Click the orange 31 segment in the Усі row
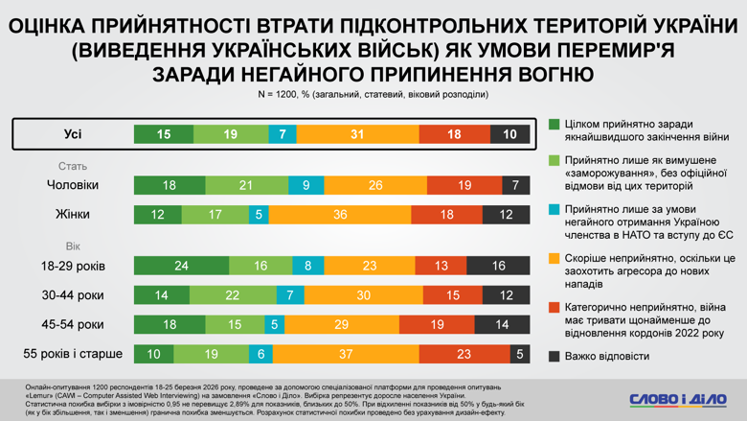coord(357,134)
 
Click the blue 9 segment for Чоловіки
coord(306,185)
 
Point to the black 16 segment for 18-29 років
coord(498,266)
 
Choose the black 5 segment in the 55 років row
coord(520,354)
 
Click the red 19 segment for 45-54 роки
coord(437,325)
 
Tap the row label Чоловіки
coord(73,185)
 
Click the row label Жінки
coord(73,215)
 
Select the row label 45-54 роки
coord(73,325)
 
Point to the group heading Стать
coord(73,166)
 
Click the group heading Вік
coord(73,246)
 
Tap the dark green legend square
coord(555,125)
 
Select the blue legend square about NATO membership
coord(555,208)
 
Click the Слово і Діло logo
coord(677,398)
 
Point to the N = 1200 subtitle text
coord(373,95)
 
